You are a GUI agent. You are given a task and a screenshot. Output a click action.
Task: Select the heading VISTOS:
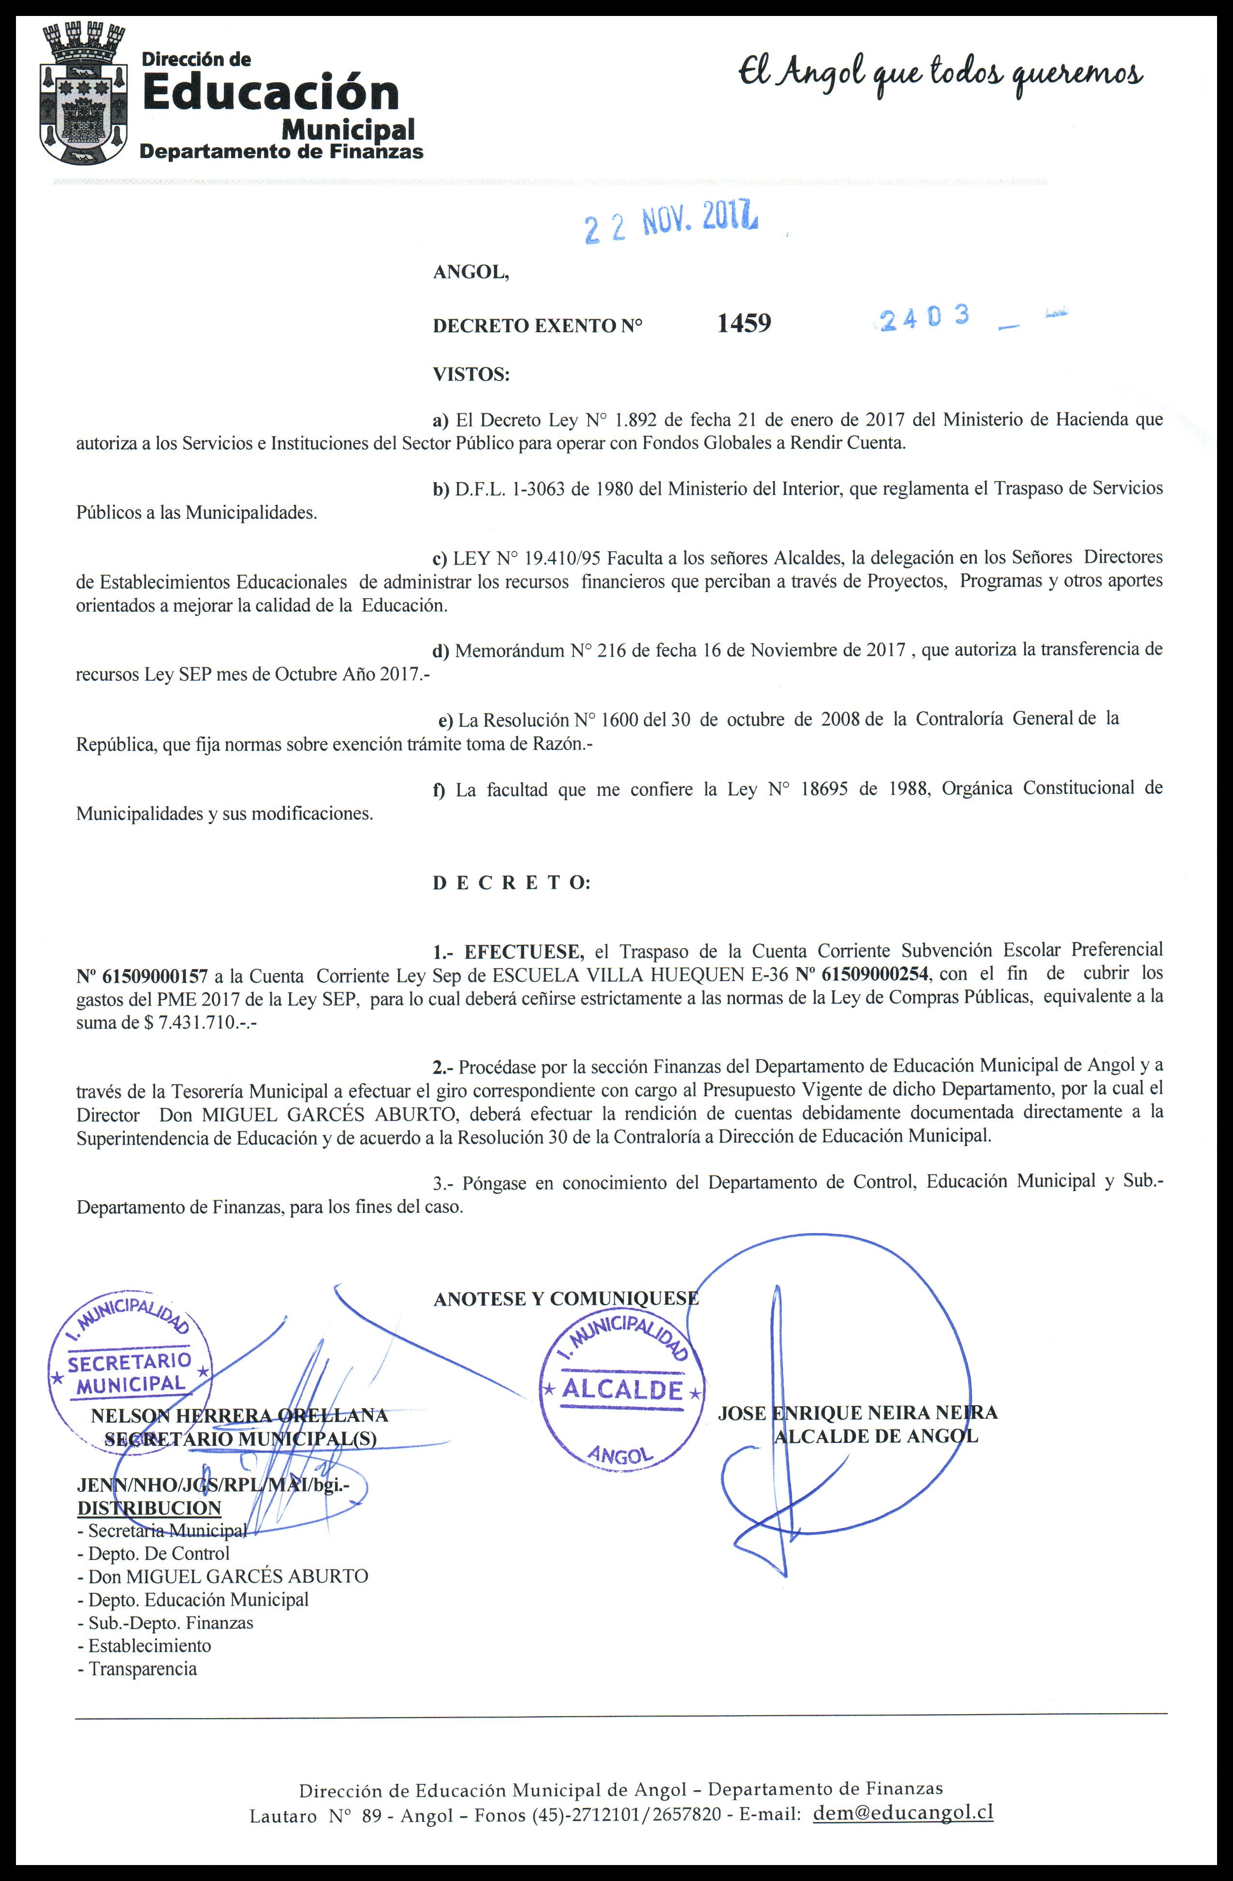point(471,374)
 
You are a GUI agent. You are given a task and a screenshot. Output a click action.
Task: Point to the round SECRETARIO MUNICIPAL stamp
point(131,1363)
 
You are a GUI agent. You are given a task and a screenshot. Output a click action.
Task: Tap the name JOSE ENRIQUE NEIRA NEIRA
point(858,1412)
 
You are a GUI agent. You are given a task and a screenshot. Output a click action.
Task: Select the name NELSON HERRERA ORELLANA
point(239,1415)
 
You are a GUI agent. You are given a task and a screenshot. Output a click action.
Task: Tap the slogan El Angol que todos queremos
point(940,75)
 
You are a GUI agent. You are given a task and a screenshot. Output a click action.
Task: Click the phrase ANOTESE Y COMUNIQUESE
point(566,1298)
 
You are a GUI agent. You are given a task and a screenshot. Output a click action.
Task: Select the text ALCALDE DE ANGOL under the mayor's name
point(875,1436)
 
